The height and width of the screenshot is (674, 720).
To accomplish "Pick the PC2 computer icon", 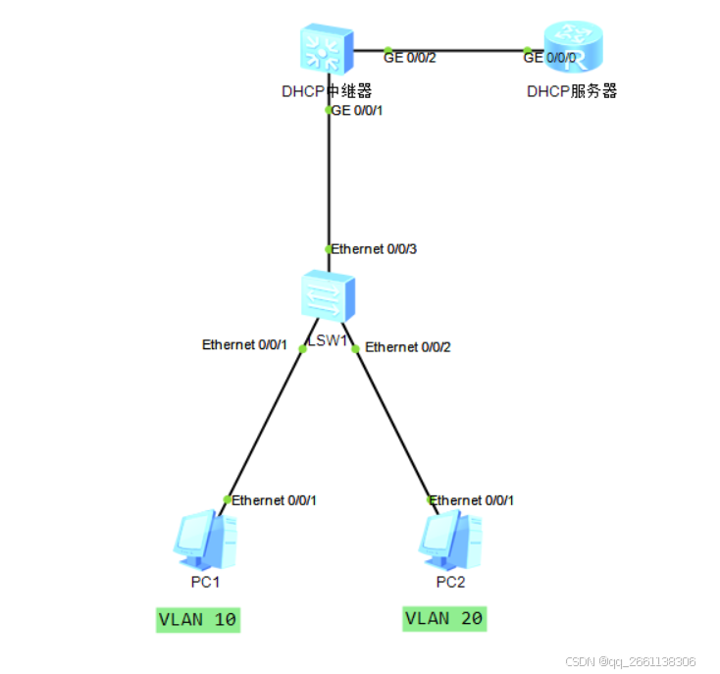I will click(x=450, y=539).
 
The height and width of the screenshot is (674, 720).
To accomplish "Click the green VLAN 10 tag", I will click(x=198, y=620).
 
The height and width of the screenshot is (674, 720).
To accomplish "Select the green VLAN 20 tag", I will click(x=443, y=619).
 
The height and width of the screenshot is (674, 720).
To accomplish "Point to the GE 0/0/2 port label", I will click(x=409, y=58).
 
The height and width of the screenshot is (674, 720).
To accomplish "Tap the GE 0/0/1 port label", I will click(x=357, y=111).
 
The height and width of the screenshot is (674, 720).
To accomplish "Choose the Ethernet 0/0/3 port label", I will click(x=374, y=249).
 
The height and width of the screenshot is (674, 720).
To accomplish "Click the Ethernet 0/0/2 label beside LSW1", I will click(x=408, y=347).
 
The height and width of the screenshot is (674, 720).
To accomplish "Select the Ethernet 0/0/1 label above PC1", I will click(x=274, y=500).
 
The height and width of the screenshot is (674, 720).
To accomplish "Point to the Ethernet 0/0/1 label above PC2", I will click(x=472, y=500).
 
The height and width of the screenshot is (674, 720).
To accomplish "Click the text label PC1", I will click(x=205, y=582).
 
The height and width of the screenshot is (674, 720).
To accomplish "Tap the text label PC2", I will click(x=451, y=582).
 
